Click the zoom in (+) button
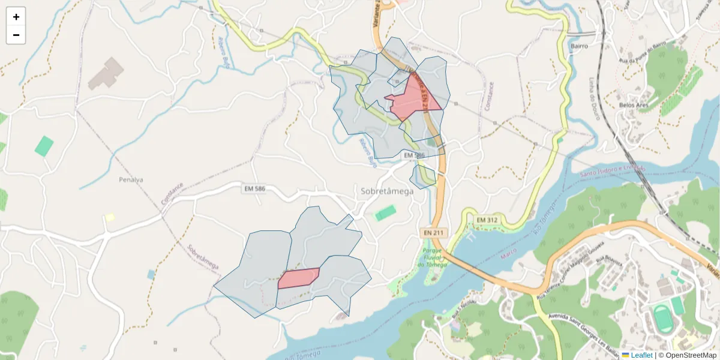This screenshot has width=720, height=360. (x=16, y=17)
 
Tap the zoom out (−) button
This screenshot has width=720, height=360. (x=16, y=35)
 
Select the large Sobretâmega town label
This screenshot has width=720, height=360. (x=387, y=191)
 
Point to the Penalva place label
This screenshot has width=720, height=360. (x=131, y=179)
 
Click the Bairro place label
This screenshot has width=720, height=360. (x=579, y=46)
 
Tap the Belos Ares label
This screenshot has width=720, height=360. (x=634, y=105)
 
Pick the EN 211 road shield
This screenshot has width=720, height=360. (x=433, y=232)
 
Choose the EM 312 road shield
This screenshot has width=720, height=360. (x=487, y=220)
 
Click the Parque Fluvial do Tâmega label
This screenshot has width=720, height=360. (x=433, y=257)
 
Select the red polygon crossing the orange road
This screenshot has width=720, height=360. (x=412, y=99)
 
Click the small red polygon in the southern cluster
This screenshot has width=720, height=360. (x=298, y=278)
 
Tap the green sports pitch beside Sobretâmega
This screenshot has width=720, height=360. (x=385, y=213)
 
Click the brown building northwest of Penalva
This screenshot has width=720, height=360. (x=106, y=74)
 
